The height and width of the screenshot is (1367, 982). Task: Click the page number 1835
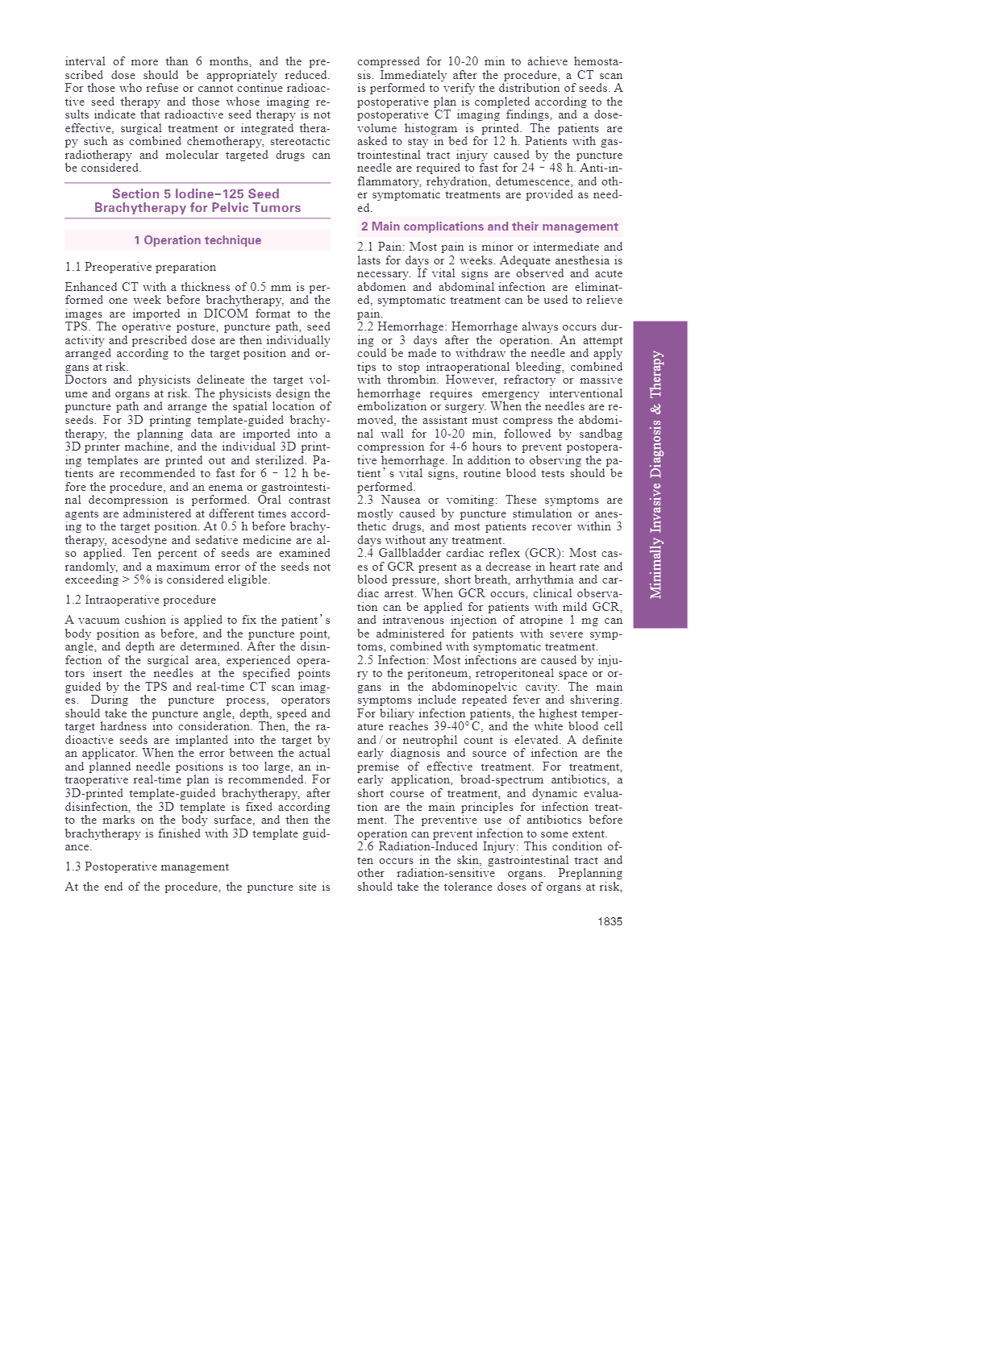point(610,921)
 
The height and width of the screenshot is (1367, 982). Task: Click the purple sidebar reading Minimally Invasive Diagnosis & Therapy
point(660,474)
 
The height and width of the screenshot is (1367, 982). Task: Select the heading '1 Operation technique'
point(198,240)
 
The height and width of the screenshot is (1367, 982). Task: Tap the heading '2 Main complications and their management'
point(489,226)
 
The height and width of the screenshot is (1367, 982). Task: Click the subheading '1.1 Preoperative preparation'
point(140,267)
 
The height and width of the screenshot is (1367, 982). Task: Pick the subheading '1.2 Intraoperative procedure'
point(140,600)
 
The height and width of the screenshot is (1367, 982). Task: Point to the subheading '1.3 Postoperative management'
point(147,866)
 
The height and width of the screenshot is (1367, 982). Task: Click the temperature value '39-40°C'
point(460,727)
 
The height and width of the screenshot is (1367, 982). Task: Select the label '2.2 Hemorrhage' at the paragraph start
point(401,326)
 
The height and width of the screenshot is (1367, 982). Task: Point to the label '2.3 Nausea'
point(387,500)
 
